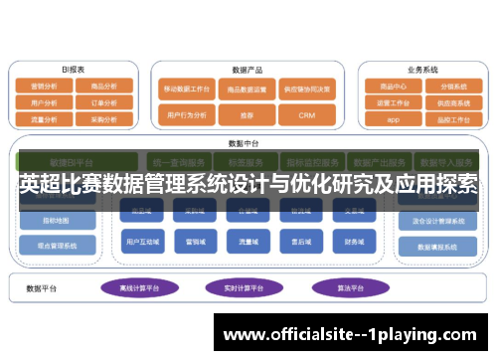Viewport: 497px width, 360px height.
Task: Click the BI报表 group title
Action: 73,71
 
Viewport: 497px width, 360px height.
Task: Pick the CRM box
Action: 306,115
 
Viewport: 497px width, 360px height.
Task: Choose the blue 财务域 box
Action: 354,241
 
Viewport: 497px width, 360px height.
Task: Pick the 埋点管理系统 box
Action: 58,245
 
